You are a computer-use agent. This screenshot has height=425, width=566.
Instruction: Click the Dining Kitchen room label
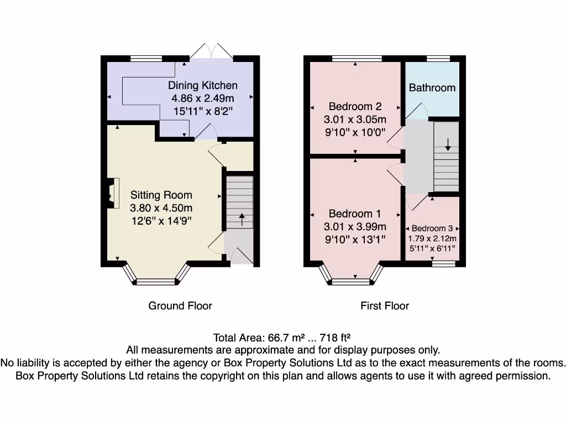coord(203,85)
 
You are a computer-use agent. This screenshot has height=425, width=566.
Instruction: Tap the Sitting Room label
coord(161,195)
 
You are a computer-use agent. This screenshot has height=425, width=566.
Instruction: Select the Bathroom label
coord(432,87)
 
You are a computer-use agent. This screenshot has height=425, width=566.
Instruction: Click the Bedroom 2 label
coord(355,106)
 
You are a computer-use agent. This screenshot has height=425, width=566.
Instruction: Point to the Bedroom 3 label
coord(432,229)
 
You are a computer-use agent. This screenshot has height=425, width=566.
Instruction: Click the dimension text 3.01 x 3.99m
coord(355,226)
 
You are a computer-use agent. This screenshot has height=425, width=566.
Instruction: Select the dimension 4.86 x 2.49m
coord(202,98)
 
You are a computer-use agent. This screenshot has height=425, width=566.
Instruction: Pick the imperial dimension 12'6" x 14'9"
coord(161,221)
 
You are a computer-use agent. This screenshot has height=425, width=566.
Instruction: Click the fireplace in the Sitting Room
coord(112,193)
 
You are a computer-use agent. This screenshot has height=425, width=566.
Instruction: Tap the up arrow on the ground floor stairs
coord(241,218)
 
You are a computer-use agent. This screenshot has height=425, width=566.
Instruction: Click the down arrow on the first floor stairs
coord(447,143)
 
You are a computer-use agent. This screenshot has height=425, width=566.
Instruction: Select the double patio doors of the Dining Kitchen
coord(211,51)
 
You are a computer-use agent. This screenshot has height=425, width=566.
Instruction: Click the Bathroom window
coord(438,58)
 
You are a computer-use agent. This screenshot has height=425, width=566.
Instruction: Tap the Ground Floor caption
coord(180,305)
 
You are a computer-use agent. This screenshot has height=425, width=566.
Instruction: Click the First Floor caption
coord(385,305)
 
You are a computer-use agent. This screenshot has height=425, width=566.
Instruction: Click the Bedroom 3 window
coord(443,265)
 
